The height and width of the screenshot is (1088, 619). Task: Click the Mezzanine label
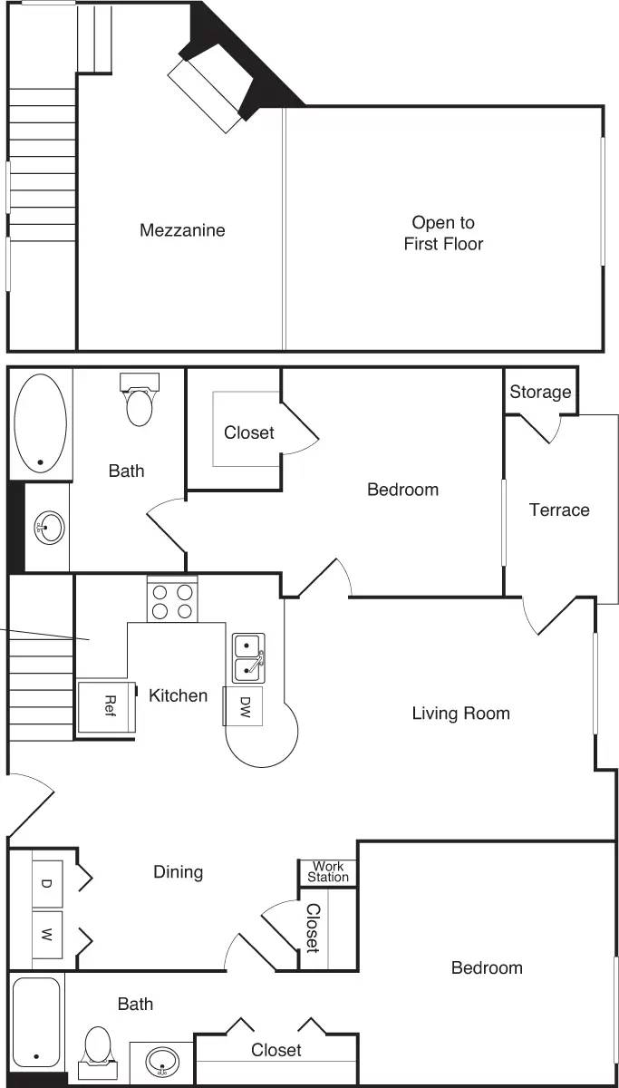pyautogui.click(x=182, y=230)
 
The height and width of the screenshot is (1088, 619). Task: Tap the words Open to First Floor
pyautogui.click(x=443, y=233)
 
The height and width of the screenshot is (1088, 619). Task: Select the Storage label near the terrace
pyautogui.click(x=540, y=392)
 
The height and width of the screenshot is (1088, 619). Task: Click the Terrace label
pyautogui.click(x=559, y=510)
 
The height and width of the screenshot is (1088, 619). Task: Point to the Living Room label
pyautogui.click(x=460, y=714)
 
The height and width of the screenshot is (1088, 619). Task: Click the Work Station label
pyautogui.click(x=327, y=872)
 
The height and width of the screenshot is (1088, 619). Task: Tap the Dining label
pyautogui.click(x=178, y=872)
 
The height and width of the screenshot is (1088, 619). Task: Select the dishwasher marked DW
pyautogui.click(x=244, y=705)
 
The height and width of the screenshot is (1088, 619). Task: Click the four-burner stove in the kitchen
pyautogui.click(x=172, y=599)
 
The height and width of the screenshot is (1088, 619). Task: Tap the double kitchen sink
pyautogui.click(x=247, y=657)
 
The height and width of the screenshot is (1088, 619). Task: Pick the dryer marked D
pyautogui.click(x=47, y=883)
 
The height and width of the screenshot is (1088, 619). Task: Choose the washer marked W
pyautogui.click(x=47, y=934)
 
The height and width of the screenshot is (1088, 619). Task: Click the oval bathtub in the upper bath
pyautogui.click(x=41, y=423)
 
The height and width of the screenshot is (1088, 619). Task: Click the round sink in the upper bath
pyautogui.click(x=48, y=525)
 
